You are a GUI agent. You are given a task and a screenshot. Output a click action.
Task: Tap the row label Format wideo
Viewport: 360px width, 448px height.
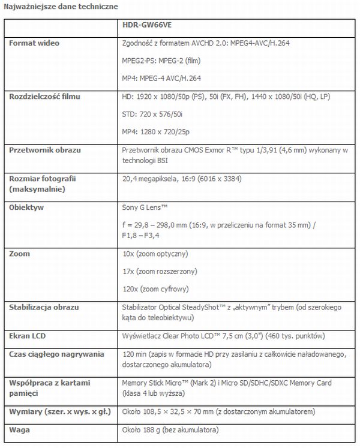pyautogui.click(x=35, y=43)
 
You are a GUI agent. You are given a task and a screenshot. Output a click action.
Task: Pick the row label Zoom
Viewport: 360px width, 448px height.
pyautogui.click(x=20, y=254)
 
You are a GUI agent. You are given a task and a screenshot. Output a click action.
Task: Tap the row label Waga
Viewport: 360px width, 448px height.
pyautogui.click(x=20, y=430)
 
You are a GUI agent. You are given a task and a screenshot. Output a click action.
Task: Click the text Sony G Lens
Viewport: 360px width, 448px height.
pyautogui.click(x=145, y=207)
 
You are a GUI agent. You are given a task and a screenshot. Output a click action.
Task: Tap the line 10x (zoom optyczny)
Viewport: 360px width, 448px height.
pyautogui.click(x=154, y=254)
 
